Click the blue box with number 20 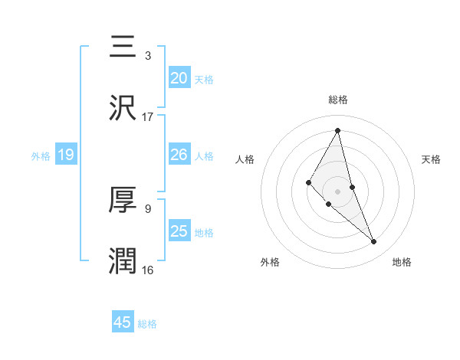(179, 77)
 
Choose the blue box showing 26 (179, 155)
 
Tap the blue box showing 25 (179, 231)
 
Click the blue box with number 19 (66, 155)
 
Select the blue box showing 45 (123, 322)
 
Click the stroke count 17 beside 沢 (148, 116)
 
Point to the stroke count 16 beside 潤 (148, 270)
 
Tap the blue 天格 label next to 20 (204, 79)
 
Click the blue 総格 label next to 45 (147, 324)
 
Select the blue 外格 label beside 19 (41, 156)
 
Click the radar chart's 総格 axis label (338, 100)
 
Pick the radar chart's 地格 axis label (402, 262)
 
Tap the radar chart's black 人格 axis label (245, 159)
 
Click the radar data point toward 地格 (374, 242)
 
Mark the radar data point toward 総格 (338, 130)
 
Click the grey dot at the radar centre (338, 191)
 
